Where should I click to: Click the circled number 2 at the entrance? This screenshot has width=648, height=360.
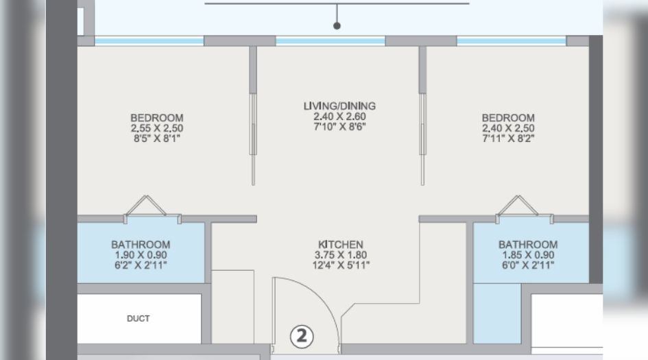(302, 336)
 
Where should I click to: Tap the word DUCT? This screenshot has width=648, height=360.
(139, 319)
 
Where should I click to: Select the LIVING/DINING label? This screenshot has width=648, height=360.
(339, 106)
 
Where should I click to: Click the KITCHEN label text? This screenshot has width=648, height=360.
(341, 245)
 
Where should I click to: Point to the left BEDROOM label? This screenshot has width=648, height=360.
(157, 118)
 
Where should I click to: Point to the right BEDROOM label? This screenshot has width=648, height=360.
(508, 118)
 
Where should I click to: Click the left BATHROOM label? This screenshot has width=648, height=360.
(141, 245)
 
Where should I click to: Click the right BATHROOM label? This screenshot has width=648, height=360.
(528, 245)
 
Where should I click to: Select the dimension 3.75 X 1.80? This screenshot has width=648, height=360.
(341, 254)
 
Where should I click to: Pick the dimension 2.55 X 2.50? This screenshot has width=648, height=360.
(157, 128)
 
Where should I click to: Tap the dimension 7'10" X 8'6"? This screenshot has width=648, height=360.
(339, 127)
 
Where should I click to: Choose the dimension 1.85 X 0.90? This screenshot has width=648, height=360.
(528, 254)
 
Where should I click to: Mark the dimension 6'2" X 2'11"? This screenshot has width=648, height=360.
(141, 265)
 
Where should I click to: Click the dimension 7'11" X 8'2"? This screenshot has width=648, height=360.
(508, 139)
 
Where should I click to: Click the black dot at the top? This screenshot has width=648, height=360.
(337, 26)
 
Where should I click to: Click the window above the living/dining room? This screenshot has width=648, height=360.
(330, 41)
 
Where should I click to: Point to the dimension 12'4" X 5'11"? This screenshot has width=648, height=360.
(341, 265)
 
